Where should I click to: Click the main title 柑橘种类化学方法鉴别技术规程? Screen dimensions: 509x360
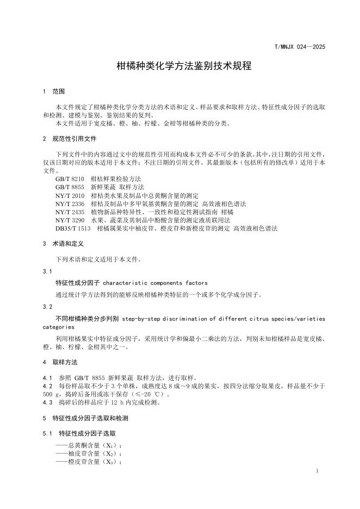179,66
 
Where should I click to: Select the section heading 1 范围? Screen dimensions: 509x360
54,91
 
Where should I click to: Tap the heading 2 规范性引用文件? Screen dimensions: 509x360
69,139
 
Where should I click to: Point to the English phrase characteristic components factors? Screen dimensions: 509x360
155,283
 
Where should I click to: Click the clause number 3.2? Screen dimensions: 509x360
47,307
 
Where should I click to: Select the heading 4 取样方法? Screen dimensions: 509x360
60,362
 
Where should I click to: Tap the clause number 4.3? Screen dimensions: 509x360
47,403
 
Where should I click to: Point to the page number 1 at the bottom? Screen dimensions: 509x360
316,469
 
